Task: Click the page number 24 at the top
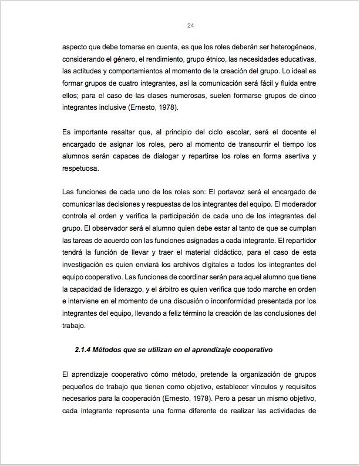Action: pos(190,25)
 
